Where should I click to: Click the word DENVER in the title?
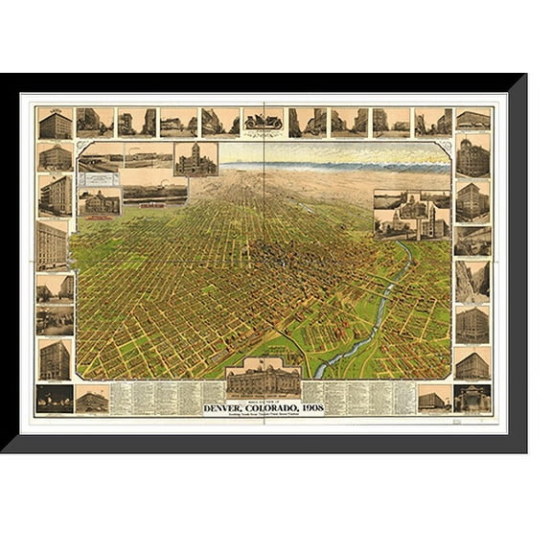click(227, 408)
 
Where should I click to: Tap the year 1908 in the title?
click(310, 408)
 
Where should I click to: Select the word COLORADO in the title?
click(272, 408)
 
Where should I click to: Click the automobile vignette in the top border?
click(263, 122)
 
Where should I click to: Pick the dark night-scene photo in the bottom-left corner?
click(54, 398)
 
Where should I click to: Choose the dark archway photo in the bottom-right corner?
click(472, 398)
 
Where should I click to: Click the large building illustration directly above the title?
click(263, 379)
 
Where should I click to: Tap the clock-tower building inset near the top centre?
click(195, 159)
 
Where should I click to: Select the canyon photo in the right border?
click(472, 281)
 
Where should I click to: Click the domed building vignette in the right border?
click(472, 156)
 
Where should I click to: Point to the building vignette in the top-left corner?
click(55, 123)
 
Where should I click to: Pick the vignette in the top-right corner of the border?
click(472, 121)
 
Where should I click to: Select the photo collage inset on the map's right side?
click(411, 214)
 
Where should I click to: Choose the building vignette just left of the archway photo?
click(433, 398)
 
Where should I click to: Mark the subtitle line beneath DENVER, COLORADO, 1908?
click(263, 416)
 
